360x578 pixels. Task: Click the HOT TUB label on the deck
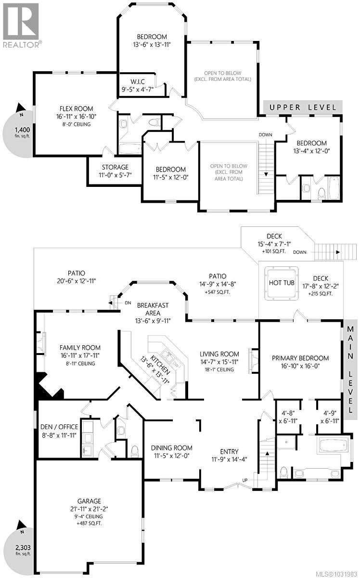282,283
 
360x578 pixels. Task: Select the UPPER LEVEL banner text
302,107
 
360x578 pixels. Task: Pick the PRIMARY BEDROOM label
300,358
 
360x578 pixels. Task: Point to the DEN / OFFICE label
57,431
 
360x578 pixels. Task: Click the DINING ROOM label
172,447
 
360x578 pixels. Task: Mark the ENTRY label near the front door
229,451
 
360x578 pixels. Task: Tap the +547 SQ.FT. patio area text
217,292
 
